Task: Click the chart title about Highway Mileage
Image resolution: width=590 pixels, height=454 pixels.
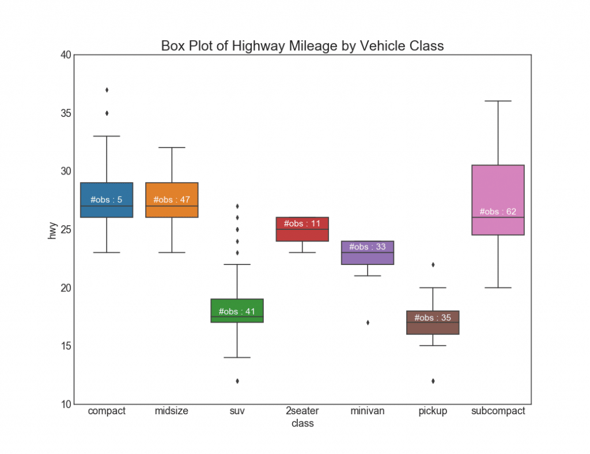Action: pos(302,46)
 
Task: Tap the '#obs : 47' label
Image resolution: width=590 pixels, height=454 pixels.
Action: pos(172,200)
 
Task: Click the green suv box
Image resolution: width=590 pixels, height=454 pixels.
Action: pos(237,305)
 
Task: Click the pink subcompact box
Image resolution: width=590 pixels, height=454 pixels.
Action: pos(498,190)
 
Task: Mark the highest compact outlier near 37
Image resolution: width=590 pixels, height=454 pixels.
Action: pos(107,90)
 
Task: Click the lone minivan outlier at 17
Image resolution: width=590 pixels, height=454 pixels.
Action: pos(368,323)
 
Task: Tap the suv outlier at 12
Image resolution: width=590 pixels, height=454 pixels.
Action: pos(237,381)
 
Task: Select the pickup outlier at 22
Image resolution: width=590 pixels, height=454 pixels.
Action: pos(433,264)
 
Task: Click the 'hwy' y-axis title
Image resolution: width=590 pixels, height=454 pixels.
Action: pos(52,229)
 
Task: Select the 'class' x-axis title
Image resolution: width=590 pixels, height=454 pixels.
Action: pos(302,423)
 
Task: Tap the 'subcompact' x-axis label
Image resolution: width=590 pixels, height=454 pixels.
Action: pos(498,411)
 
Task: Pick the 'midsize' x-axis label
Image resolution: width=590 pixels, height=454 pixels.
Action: pos(172,411)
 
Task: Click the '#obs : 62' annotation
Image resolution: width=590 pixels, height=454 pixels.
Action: pos(498,212)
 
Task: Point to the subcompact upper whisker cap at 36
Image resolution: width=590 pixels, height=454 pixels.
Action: pos(498,101)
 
